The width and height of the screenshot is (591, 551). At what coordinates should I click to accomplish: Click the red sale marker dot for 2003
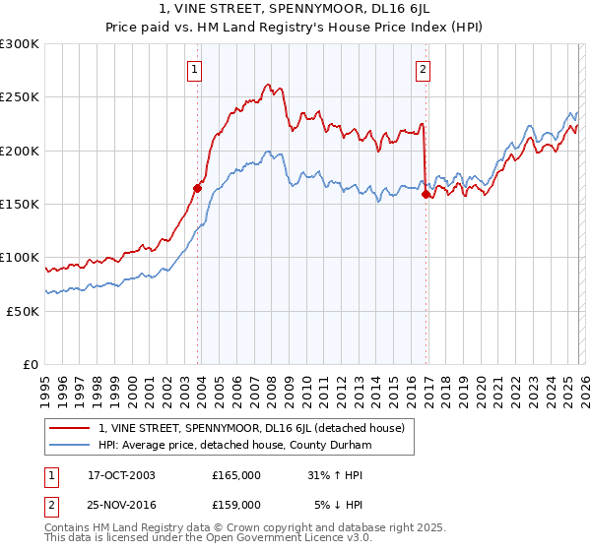point(198,188)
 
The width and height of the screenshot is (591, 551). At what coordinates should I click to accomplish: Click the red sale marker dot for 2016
point(426,195)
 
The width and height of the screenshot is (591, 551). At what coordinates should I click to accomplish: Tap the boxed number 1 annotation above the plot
point(195,69)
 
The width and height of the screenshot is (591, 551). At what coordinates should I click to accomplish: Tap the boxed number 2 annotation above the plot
point(423,69)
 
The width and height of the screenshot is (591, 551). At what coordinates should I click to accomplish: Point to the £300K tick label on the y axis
point(20,44)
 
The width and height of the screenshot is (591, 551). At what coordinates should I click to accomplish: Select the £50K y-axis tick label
point(23,311)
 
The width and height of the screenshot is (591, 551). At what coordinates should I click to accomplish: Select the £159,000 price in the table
point(235,504)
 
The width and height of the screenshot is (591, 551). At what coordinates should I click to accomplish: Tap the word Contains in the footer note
point(69,529)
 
